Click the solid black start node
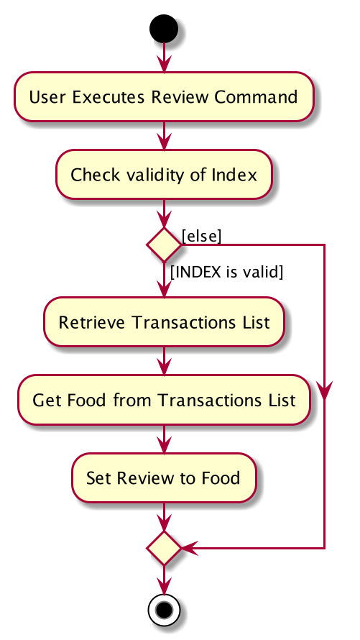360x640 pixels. coord(164,29)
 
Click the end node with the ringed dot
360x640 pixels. coord(164,610)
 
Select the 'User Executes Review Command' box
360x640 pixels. coord(164,97)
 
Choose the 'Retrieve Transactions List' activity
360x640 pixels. coord(164,322)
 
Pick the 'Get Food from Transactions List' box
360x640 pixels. coord(164,400)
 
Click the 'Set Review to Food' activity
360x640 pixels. coord(164,477)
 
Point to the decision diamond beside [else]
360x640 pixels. coord(164,244)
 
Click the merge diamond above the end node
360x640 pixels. coord(164,548)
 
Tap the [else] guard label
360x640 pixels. coord(201,236)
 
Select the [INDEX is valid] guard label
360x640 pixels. coord(226,271)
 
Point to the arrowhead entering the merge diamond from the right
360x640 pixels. coord(189,548)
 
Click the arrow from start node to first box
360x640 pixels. coord(164,58)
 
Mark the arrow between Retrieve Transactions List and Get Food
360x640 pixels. coord(164,361)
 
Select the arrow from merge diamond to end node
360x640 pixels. coord(164,580)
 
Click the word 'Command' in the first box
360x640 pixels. coord(256,97)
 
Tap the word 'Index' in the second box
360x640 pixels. coord(234,175)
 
